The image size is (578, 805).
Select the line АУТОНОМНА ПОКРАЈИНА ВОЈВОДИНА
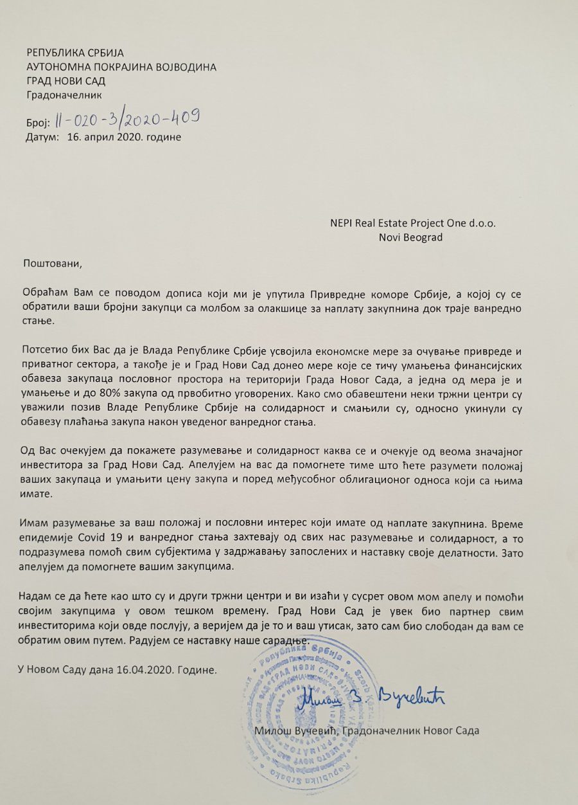121,67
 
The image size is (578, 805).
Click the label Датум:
42,137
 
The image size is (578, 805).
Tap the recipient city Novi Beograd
412,237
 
